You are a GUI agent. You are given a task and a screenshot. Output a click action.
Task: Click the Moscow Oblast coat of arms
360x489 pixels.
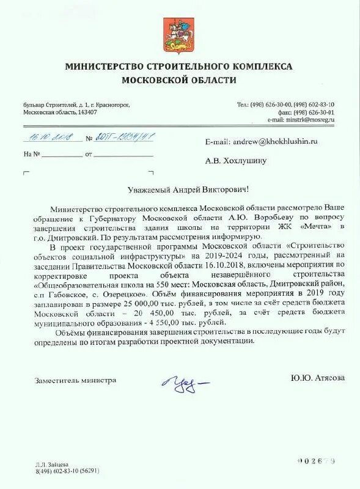177,35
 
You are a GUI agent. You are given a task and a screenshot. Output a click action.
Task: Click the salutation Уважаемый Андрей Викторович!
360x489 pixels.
180,191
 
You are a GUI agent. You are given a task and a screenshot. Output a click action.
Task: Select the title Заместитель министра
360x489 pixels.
75,380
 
